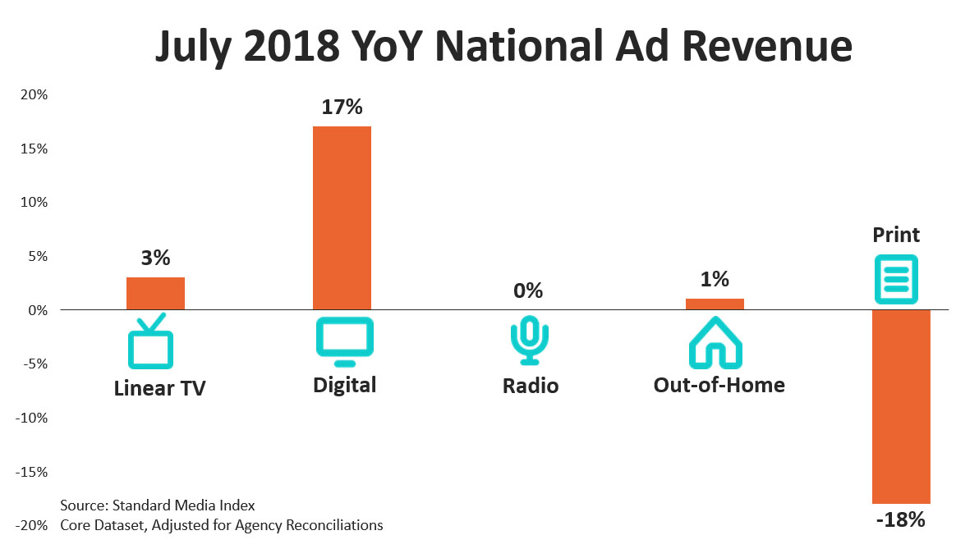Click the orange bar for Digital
pos(342,217)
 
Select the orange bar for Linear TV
pos(155,294)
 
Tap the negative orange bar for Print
pos(900,406)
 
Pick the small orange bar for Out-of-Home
pos(715,304)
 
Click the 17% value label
pos(342,107)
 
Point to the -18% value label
pos(900,519)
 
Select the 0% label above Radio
pos(528,290)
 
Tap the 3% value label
pos(155,258)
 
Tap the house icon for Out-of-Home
pos(715,343)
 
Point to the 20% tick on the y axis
pos(34,95)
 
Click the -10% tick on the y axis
pos(32,418)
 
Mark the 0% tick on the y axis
pos(37,310)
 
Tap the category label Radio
pos(531,386)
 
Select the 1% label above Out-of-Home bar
pos(715,279)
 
